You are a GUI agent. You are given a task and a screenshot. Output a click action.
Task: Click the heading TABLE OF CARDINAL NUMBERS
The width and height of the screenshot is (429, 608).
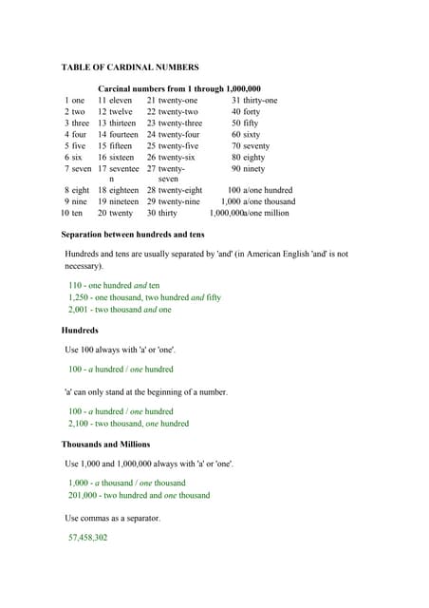tap(130, 67)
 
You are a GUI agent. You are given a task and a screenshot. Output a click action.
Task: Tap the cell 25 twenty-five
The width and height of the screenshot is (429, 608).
tap(173, 146)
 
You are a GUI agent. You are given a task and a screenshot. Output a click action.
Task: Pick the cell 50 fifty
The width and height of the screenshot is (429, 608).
tap(245, 123)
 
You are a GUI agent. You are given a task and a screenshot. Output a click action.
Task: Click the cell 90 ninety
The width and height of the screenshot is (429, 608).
tap(248, 168)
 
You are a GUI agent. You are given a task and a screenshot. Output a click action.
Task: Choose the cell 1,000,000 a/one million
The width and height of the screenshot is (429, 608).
tap(249, 213)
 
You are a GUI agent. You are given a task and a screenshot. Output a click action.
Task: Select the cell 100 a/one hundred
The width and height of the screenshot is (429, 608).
tap(260, 190)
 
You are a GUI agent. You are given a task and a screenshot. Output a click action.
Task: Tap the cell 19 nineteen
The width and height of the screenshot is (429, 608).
tap(118, 201)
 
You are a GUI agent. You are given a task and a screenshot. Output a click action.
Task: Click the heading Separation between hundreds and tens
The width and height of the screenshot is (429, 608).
tap(132, 234)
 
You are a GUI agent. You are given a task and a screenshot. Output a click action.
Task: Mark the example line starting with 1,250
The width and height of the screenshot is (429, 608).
tap(144, 297)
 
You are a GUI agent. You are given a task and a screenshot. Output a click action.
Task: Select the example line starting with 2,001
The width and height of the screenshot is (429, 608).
tap(120, 309)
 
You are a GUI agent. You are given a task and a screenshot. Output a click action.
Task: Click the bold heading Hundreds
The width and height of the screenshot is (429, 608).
tap(80, 330)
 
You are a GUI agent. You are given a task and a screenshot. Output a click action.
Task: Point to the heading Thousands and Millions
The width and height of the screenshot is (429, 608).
tap(105, 444)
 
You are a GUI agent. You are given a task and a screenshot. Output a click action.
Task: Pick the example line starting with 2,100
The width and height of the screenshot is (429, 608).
tap(128, 423)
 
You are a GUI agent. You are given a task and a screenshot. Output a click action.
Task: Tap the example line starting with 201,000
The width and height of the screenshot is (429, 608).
tap(139, 495)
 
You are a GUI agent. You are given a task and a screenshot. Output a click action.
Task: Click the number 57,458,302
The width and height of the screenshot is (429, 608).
tap(87, 537)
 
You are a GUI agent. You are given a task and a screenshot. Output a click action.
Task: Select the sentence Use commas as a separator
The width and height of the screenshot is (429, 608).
tap(113, 518)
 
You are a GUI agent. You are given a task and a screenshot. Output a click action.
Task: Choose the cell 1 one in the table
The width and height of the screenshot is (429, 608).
tap(75, 101)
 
